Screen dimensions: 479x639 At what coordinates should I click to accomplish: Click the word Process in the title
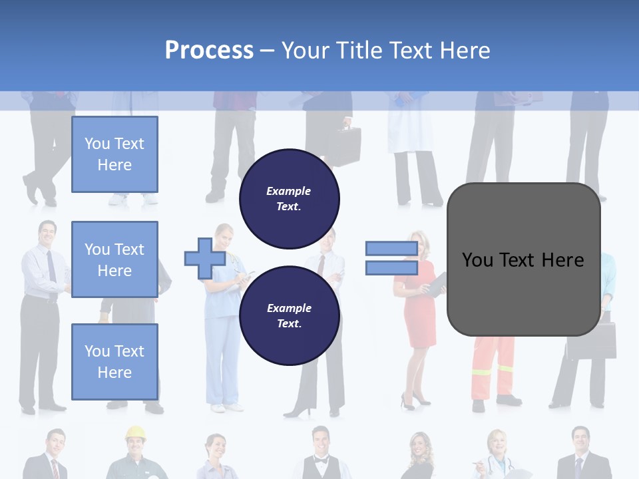click(x=209, y=51)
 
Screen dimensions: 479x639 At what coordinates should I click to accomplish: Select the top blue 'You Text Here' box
click(x=114, y=154)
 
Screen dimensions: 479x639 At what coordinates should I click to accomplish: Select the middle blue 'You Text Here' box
click(x=114, y=259)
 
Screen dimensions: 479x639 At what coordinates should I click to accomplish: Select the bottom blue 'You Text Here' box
click(x=114, y=361)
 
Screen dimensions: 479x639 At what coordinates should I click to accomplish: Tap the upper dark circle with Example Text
click(x=289, y=199)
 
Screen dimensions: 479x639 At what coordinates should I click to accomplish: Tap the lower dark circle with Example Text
click(x=289, y=315)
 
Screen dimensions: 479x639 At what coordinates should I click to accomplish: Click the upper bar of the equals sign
click(x=391, y=249)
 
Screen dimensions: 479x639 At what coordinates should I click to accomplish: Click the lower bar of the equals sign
click(x=391, y=268)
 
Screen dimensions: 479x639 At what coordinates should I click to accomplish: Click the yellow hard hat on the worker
click(x=135, y=432)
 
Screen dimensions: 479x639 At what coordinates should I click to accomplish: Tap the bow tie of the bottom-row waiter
click(x=321, y=460)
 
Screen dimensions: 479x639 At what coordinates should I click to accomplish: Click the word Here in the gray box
click(x=563, y=260)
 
